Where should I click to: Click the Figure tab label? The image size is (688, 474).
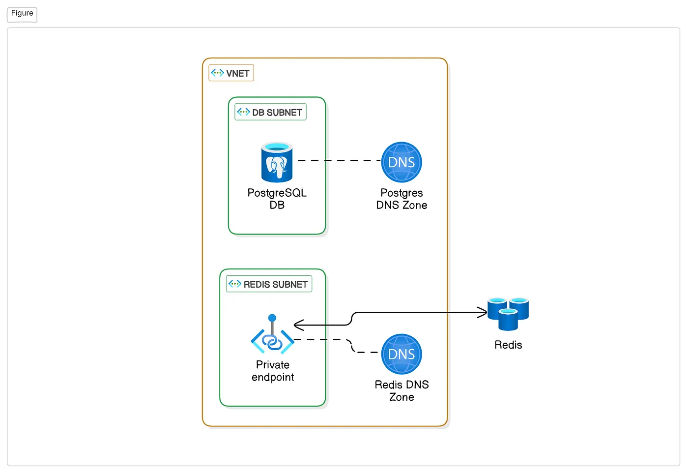(x=22, y=14)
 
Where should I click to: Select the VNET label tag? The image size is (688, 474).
(x=231, y=73)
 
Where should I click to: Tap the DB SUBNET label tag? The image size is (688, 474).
(x=270, y=112)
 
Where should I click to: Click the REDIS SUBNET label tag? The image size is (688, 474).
(x=269, y=284)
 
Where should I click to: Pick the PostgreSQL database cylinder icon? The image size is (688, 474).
(x=277, y=162)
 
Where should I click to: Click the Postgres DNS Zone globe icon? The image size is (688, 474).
(x=401, y=162)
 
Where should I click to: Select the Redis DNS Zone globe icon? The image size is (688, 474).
(x=401, y=354)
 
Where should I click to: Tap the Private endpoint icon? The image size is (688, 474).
(x=272, y=334)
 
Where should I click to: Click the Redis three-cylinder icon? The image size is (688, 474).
(x=508, y=314)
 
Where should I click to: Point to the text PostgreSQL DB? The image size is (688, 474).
(x=277, y=199)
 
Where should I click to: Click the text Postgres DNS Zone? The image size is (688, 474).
(x=401, y=199)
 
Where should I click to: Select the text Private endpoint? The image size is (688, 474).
(x=273, y=371)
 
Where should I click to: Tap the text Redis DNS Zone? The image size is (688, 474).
(x=401, y=390)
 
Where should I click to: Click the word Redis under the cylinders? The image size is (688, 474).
(x=508, y=345)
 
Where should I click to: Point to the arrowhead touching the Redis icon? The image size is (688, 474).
(x=482, y=312)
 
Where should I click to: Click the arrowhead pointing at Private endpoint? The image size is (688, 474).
(x=299, y=325)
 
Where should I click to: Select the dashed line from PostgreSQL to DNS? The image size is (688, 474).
(x=340, y=160)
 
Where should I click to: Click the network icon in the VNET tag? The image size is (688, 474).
(x=217, y=73)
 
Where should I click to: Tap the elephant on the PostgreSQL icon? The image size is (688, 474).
(x=277, y=167)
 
